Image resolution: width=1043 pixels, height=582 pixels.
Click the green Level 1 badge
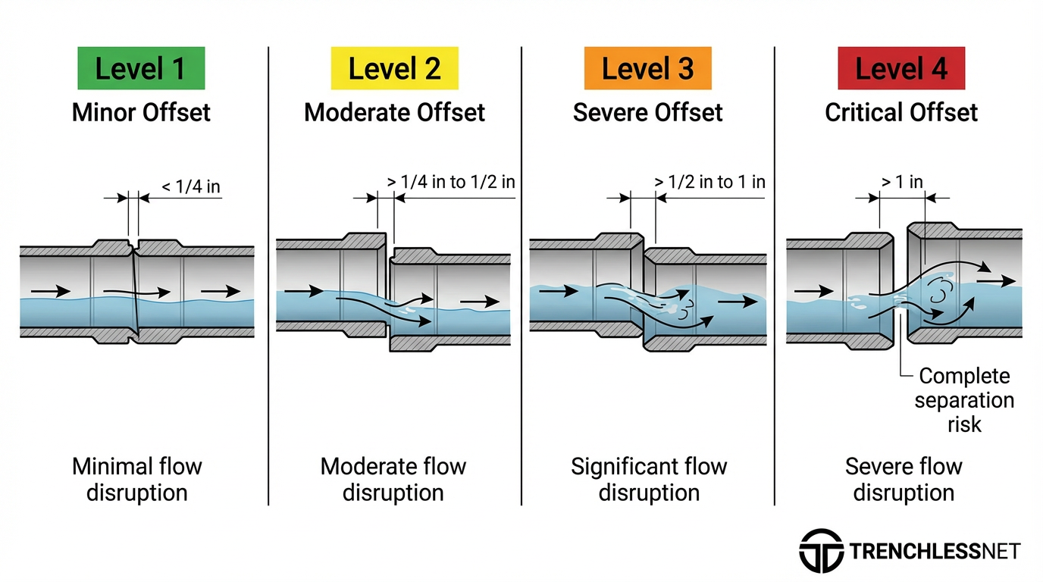click(140, 68)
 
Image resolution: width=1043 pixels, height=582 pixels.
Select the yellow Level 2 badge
click(394, 68)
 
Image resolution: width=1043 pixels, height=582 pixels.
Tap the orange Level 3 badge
click(647, 68)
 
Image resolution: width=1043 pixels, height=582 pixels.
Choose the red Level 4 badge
click(900, 68)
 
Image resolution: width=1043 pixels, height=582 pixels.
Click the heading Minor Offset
click(141, 113)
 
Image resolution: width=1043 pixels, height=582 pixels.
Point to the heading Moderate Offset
click(394, 113)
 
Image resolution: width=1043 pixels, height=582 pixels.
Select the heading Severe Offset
click(647, 113)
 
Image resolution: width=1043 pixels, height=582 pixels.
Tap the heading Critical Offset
click(901, 113)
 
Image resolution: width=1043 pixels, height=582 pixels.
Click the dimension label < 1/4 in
click(191, 186)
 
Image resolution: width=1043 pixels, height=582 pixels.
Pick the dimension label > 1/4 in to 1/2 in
click(451, 183)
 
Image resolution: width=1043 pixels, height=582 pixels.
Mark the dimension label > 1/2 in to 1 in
click(709, 182)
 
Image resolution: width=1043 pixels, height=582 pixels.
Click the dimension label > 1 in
click(902, 182)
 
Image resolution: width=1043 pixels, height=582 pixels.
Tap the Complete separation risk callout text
click(964, 399)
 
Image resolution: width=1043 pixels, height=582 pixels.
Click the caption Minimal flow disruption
click(137, 479)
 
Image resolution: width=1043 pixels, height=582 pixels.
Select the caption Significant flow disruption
click(649, 479)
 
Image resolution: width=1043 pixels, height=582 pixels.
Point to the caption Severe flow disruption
click(904, 479)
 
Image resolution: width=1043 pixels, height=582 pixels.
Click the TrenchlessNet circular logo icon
click(821, 550)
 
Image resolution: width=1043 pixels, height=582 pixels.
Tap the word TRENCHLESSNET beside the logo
click(935, 551)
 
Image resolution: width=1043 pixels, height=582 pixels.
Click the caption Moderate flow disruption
click(393, 479)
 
